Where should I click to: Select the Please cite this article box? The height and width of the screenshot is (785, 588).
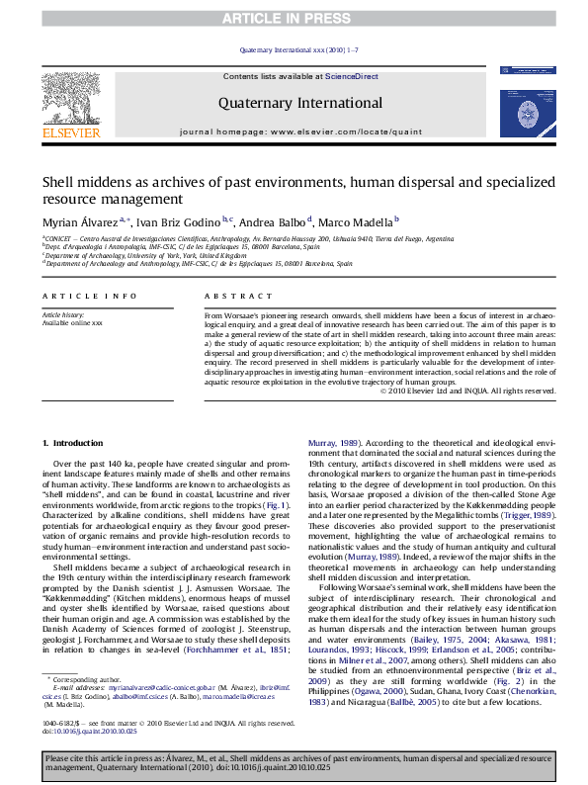point(294,762)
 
